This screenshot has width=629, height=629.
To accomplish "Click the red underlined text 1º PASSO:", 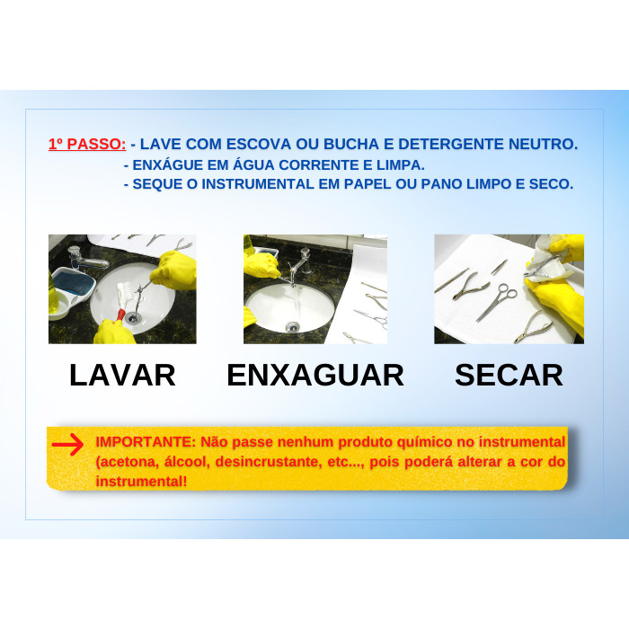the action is coord(87,144).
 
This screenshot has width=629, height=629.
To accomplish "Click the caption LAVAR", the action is coord(122,376).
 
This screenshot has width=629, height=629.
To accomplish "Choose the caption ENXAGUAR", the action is coord(315,376).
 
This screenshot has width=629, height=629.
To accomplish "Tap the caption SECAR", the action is coord(509,376).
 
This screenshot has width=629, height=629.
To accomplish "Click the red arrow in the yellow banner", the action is coord(67,444).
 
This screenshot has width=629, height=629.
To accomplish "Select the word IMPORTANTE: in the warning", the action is coord(146,442).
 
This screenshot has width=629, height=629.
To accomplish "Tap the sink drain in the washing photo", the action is coord(132,318).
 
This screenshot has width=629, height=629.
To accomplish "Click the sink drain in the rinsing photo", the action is coord(293,326).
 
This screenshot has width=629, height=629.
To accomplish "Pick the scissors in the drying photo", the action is coord(497,302).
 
